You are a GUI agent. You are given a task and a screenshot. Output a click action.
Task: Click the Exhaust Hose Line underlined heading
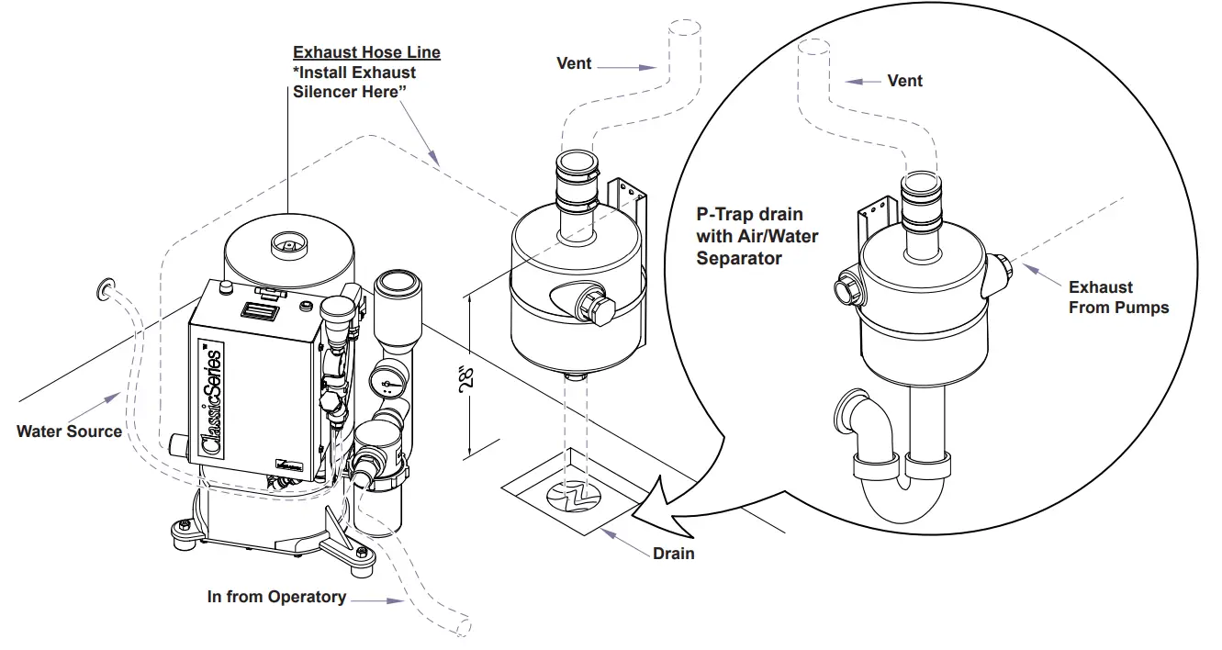366,52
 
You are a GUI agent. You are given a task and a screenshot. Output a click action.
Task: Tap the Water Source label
69,431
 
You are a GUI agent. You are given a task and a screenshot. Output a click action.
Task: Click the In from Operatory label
276,597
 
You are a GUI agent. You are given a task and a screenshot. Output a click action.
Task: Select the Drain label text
673,554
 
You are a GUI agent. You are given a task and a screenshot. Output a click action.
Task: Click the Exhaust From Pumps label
1118,297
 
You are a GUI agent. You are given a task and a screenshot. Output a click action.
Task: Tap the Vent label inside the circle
904,81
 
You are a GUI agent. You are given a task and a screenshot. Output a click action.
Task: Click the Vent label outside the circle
574,63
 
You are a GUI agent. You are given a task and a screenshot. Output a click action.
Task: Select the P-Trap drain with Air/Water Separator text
757,236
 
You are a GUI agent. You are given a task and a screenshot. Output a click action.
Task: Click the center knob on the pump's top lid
288,244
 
